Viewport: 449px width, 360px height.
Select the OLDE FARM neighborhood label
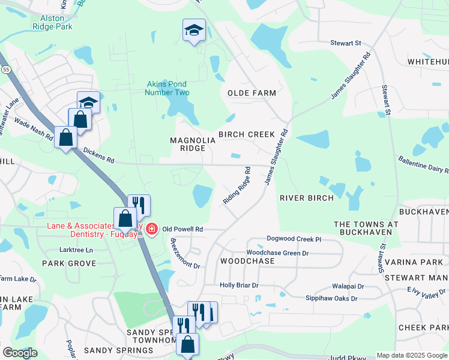(x=252, y=93)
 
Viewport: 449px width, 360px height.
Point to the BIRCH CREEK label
(x=246, y=134)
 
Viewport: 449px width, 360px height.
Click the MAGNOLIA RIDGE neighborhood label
(x=192, y=144)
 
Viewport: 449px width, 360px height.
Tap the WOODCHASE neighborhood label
(x=243, y=262)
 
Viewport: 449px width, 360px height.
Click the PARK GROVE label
(x=69, y=263)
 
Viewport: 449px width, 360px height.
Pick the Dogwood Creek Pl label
(x=294, y=239)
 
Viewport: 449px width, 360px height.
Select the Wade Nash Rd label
(x=35, y=128)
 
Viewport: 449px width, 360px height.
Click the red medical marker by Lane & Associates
(x=151, y=229)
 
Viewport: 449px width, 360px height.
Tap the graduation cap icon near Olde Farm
(x=194, y=30)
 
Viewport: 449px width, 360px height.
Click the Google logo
(x=20, y=353)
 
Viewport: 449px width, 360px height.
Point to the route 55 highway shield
(x=5, y=70)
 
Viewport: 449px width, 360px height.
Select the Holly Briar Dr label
(x=239, y=286)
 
